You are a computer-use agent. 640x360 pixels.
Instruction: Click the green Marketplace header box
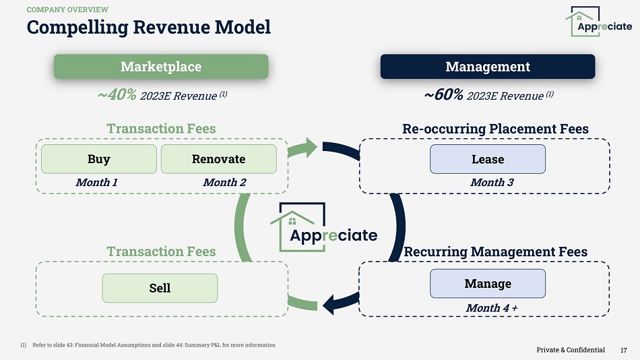161,67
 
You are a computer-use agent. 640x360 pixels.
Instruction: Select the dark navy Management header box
488,67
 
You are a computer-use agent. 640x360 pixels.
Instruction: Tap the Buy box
99,159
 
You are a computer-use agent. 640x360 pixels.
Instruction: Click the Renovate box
218,159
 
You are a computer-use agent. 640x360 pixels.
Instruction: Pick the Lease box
488,159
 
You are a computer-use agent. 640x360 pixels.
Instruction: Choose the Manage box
488,283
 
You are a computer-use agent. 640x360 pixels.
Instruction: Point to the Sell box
160,288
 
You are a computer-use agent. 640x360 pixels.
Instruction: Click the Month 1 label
96,182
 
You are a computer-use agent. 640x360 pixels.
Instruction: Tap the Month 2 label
224,182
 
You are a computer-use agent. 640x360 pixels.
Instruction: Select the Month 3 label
492,182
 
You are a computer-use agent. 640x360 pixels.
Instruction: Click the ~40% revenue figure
117,95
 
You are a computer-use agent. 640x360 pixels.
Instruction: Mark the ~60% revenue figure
444,95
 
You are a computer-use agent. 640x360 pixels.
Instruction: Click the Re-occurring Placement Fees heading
495,129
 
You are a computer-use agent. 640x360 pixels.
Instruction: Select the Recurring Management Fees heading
495,251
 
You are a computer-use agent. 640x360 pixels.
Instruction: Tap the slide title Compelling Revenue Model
148,28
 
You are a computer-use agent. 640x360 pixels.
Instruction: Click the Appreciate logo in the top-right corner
598,22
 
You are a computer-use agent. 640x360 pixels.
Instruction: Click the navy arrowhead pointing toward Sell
333,304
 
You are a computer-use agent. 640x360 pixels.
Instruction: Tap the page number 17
624,350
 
